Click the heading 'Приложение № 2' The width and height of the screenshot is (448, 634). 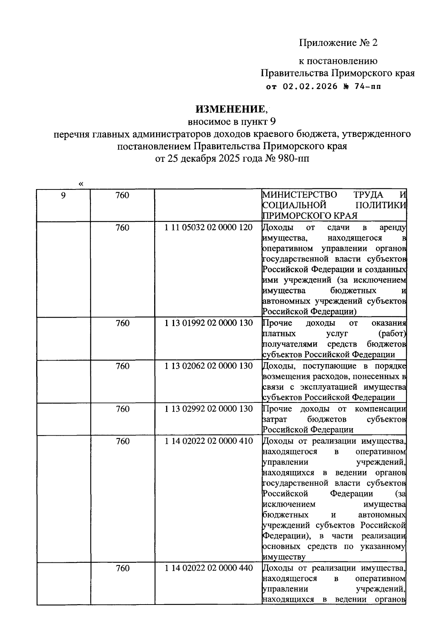pyautogui.click(x=338, y=43)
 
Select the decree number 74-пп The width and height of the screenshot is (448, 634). pyautogui.click(x=367, y=87)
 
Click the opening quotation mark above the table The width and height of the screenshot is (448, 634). pyautogui.click(x=81, y=183)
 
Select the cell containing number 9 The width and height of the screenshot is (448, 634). pyautogui.click(x=63, y=195)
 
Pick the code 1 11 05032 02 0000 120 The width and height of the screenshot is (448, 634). pyautogui.click(x=209, y=227)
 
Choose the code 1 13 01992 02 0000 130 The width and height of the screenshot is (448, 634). pyautogui.click(x=209, y=323)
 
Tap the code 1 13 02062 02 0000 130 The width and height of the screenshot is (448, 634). pyautogui.click(x=209, y=366)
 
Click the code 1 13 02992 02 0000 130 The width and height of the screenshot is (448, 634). pyautogui.click(x=209, y=409)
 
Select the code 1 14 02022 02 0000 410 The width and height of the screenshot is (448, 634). pyautogui.click(x=209, y=441)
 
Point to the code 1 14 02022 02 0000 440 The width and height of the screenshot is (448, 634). pyautogui.click(x=209, y=568)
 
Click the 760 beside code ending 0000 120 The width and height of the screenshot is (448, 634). pyautogui.click(x=122, y=227)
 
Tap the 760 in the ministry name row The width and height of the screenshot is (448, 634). pyautogui.click(x=122, y=195)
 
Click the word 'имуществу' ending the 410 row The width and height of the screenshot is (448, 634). pyautogui.click(x=284, y=557)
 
